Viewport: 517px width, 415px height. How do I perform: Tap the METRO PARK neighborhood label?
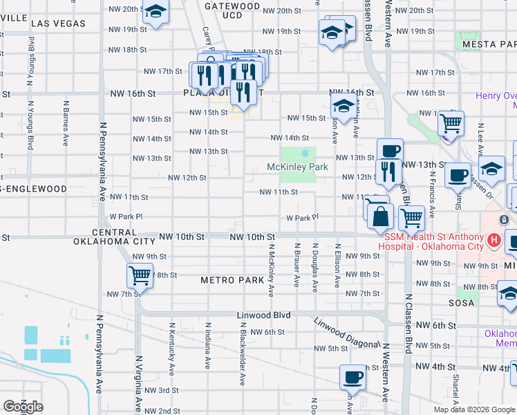[232, 280]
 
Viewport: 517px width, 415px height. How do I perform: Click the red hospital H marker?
[493, 241]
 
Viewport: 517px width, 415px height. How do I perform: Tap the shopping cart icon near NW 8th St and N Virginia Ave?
[140, 276]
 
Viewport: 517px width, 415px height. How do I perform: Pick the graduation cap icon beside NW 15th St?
[343, 107]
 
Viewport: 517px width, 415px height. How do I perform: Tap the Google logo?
[23, 407]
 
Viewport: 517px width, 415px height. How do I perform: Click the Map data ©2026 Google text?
[473, 409]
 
